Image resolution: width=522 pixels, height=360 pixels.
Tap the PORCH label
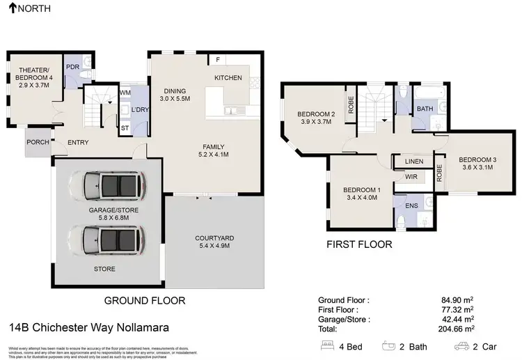point(38,142)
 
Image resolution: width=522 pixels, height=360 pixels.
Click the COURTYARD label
point(214,238)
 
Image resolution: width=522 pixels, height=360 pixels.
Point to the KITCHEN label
point(228,77)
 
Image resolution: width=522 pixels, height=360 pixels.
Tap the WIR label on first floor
point(411,178)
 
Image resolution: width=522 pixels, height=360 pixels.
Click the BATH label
point(425,109)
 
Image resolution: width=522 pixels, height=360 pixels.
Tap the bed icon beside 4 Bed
point(327,345)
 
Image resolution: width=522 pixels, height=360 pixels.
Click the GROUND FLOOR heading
point(144,301)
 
